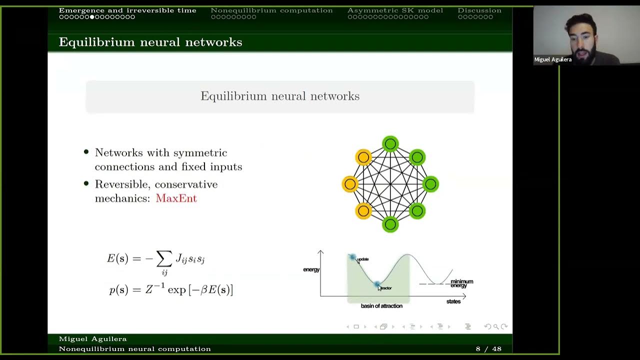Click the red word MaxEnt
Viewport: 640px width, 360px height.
[x=176, y=198]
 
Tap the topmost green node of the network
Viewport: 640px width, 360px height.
[x=390, y=144]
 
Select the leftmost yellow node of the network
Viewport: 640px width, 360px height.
[x=350, y=184]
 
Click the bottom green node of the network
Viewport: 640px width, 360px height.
[x=390, y=224]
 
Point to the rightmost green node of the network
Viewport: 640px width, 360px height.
[x=430, y=184]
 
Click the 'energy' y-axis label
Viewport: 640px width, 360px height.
[x=311, y=270]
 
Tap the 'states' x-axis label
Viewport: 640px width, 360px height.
[x=453, y=301]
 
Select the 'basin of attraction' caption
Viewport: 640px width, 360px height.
[x=381, y=306]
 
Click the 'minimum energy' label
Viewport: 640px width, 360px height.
[x=461, y=283]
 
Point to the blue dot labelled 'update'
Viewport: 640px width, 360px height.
[x=352, y=257]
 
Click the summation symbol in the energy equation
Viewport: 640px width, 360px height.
[x=164, y=258]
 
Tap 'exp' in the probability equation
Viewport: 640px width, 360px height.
[x=176, y=290]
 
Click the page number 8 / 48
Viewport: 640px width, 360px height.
[x=488, y=349]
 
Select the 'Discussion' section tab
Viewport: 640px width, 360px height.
[x=479, y=10]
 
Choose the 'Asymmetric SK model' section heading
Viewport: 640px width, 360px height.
[x=395, y=10]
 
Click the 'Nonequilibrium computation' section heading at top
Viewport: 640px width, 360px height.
[x=271, y=10]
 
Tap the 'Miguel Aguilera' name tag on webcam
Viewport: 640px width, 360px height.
[x=552, y=59]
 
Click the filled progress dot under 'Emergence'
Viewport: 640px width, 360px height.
[x=92, y=17]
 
